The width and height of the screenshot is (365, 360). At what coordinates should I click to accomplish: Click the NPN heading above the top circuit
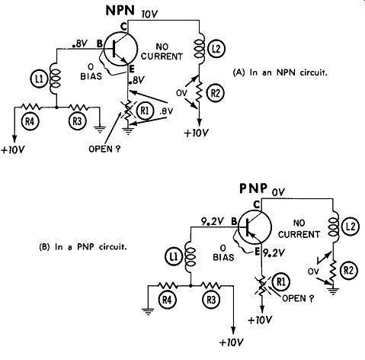pos(120,11)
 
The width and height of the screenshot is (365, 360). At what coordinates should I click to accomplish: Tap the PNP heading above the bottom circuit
pos(254,188)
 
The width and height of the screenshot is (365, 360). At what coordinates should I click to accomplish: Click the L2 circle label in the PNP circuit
pos(351,227)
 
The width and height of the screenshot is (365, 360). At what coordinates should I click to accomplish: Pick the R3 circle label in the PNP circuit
pos(211,301)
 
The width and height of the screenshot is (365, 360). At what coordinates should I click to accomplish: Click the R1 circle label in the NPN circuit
pos(145,111)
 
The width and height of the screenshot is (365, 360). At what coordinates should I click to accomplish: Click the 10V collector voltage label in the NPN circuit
pos(149,14)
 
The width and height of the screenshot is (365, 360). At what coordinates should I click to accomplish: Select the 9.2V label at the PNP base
pos(213,222)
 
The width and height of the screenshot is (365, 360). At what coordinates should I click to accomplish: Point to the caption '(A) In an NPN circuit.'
pos(280,72)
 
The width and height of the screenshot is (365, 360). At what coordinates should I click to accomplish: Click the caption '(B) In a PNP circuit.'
pos(83,247)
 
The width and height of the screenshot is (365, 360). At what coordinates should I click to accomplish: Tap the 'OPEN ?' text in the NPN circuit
pos(104,149)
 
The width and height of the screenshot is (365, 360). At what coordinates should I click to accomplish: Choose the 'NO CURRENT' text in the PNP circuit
pos(299,229)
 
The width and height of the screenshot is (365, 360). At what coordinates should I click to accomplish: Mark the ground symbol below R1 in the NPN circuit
pos(128,131)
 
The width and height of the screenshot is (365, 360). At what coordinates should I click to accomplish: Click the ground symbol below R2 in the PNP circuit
pos(333,290)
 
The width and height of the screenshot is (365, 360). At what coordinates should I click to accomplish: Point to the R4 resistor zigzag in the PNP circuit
pos(167,285)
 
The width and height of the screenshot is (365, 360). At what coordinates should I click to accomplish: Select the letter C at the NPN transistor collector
pos(123,27)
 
